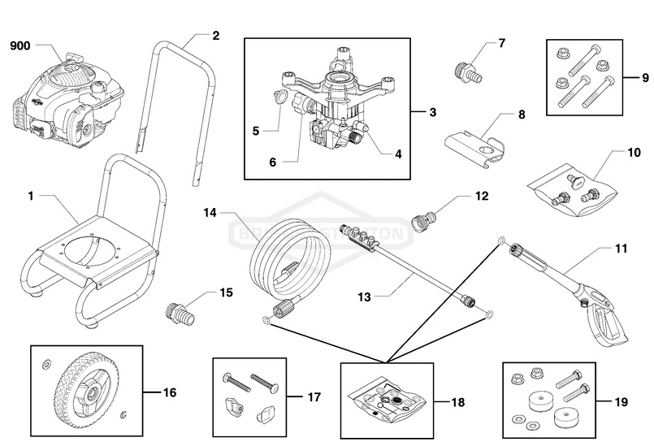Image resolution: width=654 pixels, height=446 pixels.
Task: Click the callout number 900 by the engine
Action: point(19,46)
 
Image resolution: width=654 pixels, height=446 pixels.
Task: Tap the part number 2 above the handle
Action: point(215,36)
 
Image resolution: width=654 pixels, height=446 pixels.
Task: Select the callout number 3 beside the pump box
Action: point(433,111)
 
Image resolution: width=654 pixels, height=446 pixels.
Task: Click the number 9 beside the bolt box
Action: point(635,79)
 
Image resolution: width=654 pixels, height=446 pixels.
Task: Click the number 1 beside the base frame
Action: point(30,196)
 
